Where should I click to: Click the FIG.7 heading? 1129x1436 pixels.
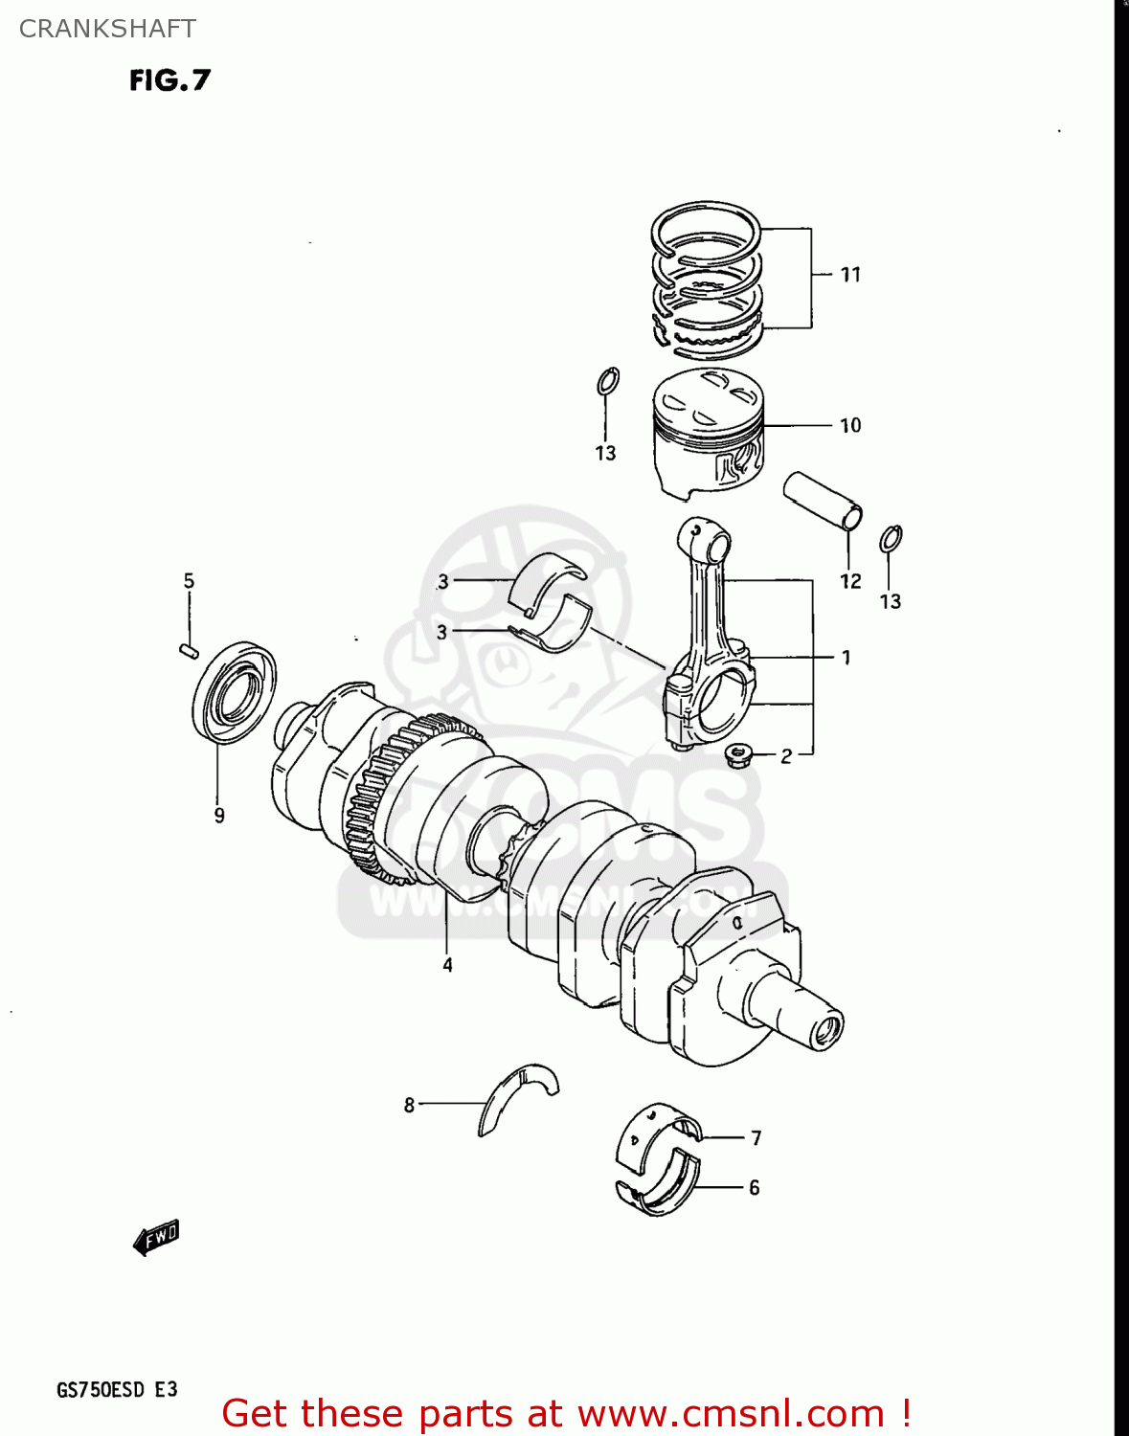[x=169, y=80]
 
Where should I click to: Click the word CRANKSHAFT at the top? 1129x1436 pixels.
[x=107, y=29]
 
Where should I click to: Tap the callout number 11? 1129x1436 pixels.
[x=850, y=275]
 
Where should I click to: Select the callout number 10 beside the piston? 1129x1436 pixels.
[x=850, y=425]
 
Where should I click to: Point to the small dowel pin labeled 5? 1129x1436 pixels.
[x=189, y=651]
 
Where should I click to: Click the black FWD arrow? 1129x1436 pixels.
[x=156, y=1237]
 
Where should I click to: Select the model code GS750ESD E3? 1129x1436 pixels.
[x=117, y=1389]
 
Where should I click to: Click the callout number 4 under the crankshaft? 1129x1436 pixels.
[x=447, y=965]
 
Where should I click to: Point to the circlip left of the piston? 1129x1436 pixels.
[x=607, y=381]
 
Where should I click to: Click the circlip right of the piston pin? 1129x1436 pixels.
[x=891, y=539]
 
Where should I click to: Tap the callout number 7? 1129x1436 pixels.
[x=756, y=1137]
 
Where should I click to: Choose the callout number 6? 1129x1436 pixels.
[x=755, y=1187]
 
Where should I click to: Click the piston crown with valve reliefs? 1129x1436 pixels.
[x=709, y=395]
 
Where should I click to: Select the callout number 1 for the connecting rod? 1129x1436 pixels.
[x=846, y=657]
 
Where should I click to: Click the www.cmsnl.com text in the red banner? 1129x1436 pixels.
[x=731, y=1413]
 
